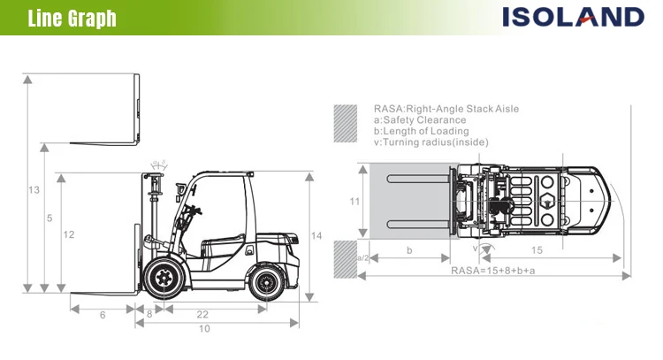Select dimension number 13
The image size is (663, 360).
pos(34,190)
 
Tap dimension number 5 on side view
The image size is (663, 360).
pos(50,218)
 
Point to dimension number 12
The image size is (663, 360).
pos(68,234)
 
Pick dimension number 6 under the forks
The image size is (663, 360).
pos(103,315)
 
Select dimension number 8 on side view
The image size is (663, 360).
pos(149,314)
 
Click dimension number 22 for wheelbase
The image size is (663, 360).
pos(202,315)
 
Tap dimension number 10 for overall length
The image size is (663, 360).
pos(204,329)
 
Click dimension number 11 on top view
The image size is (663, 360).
pos(354,202)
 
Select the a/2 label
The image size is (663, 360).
pos(362,257)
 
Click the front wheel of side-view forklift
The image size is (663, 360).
pos(163,279)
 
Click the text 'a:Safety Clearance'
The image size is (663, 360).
pos(419,120)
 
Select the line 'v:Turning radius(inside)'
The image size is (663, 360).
pos(431,142)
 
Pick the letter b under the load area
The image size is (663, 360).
pos(408,251)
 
